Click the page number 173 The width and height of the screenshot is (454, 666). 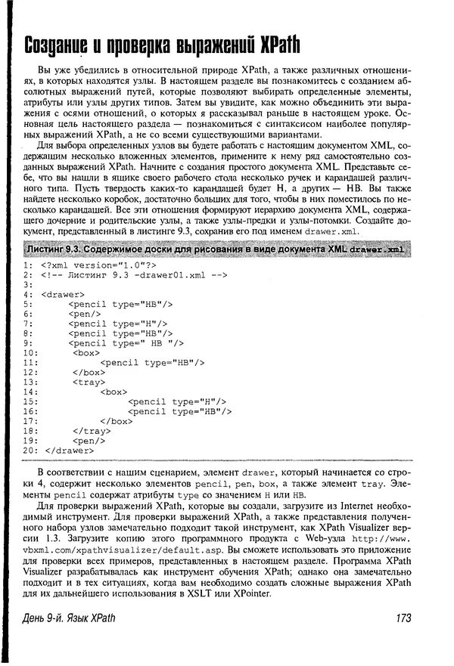pyautogui.click(x=403, y=618)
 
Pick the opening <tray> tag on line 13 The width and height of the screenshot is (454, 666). pyautogui.click(x=89, y=381)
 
